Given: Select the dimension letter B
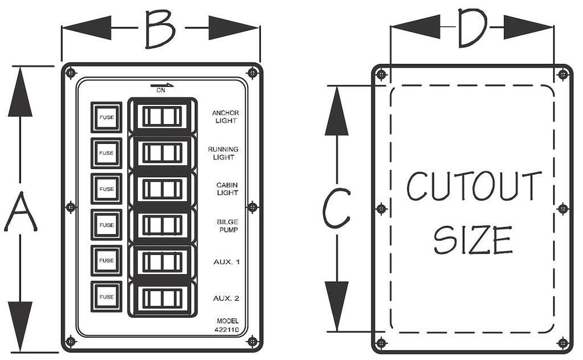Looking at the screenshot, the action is coord(160,29).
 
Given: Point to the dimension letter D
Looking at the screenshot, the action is coord(472,27).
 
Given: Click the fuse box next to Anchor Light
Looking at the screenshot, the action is coord(106,117).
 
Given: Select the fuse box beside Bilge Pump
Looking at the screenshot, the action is coord(106,224).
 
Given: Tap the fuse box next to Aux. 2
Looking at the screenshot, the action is coord(106,296).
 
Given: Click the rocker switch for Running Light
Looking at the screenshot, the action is coord(162,153).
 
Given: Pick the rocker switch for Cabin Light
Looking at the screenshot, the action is coord(162,189).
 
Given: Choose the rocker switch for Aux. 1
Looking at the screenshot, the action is coord(162,261).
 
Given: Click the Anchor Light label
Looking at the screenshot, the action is coord(225,117).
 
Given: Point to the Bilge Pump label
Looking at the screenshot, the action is coord(228,226).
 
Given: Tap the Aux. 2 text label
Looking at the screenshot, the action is coord(226,298).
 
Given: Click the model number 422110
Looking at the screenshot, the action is coord(227,329).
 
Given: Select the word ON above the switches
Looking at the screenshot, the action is coord(161,91).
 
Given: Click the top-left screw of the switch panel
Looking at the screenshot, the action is coord(71,73).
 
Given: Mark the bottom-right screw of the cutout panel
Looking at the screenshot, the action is coord(563,342).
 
